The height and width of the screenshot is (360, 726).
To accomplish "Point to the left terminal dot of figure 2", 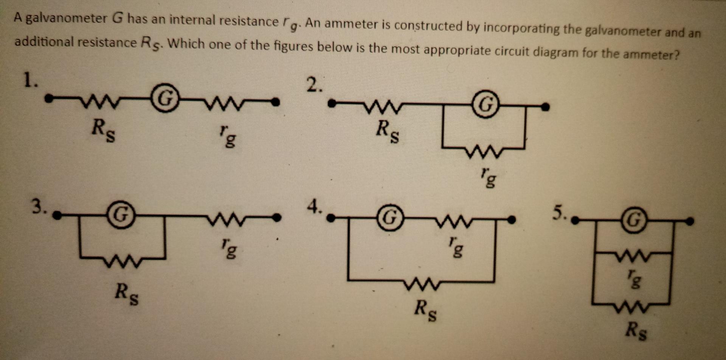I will tap(332, 102).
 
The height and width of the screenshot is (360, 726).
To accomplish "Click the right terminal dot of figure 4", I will tap(512, 219).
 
